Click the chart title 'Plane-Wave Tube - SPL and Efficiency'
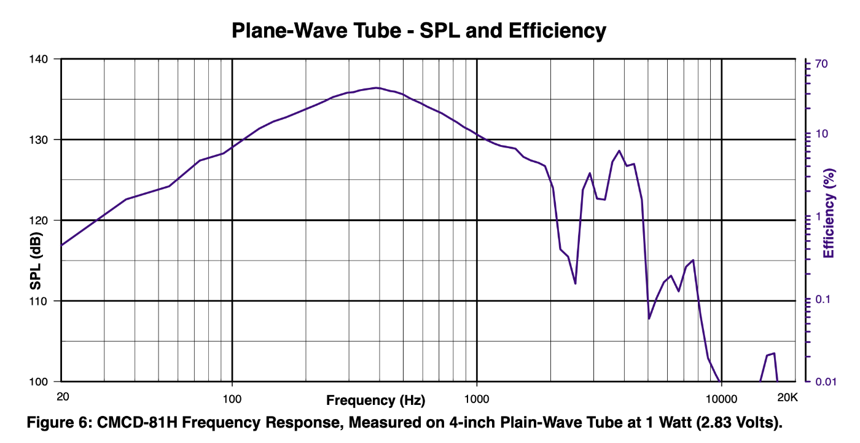pos(419,30)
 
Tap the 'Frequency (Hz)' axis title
pos(375,401)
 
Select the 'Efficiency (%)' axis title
pos(829,213)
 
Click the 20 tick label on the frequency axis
pos(62,397)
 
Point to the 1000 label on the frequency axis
pos(477,397)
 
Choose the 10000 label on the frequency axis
pos(721,397)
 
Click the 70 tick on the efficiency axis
pos(821,64)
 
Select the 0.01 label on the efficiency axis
pos(826,382)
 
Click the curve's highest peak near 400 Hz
pos(377,87)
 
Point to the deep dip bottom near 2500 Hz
pos(575,283)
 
